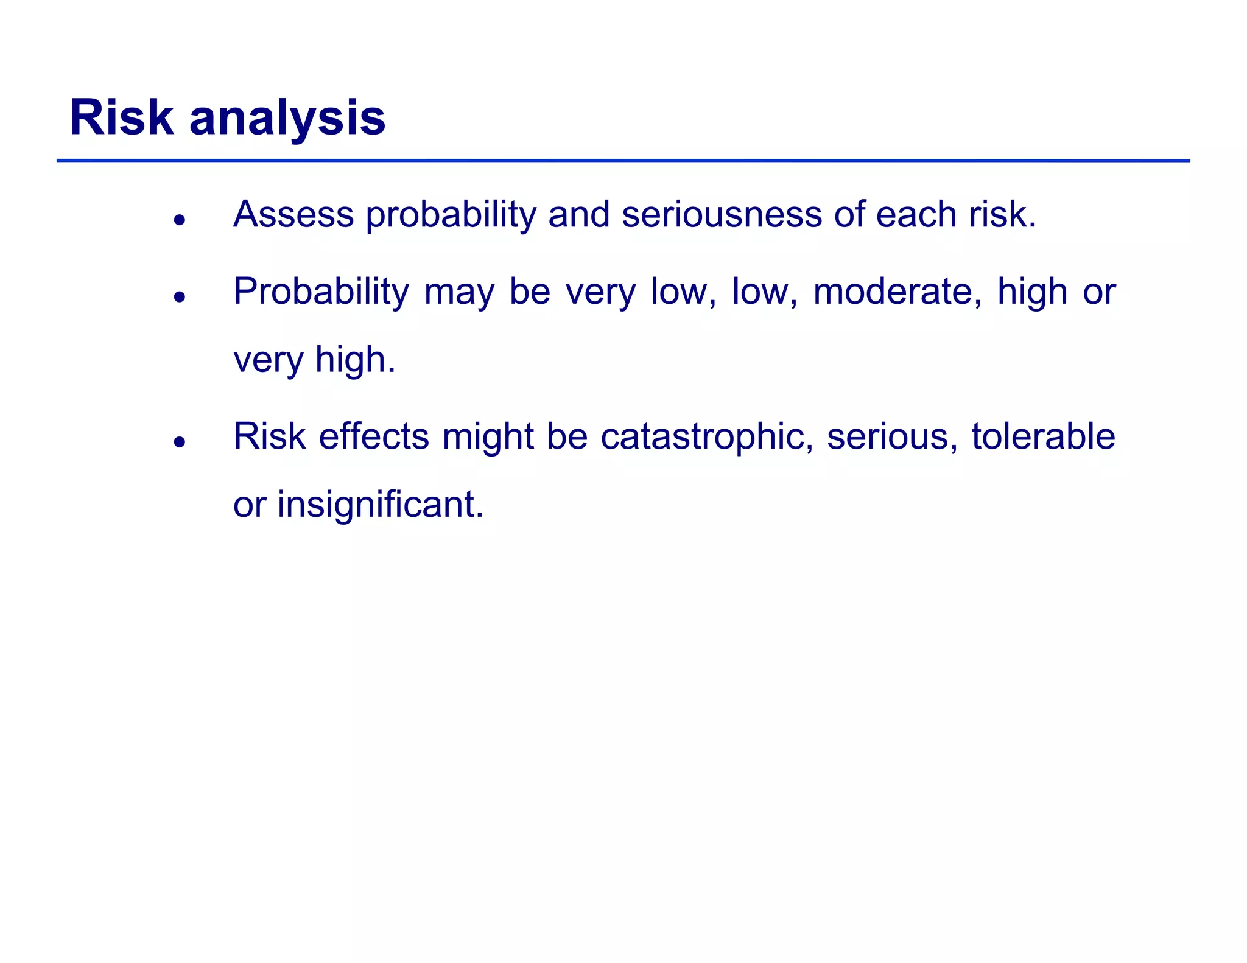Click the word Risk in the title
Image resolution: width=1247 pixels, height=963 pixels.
121,117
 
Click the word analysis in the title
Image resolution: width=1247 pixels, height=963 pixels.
287,118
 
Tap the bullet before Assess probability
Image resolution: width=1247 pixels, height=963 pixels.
179,220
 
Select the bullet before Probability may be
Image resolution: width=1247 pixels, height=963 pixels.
179,297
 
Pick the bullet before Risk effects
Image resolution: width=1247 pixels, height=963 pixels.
179,442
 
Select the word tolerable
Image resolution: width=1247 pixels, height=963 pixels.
1043,436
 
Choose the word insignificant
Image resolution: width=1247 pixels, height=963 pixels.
380,505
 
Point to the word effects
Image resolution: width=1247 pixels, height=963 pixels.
374,436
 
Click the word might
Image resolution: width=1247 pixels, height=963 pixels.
488,436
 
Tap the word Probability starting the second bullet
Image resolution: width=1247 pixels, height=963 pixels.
321,292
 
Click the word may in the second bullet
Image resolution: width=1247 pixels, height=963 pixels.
459,293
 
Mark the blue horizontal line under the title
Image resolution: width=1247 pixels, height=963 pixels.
623,161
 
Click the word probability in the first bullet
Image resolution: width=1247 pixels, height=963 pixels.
451,215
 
